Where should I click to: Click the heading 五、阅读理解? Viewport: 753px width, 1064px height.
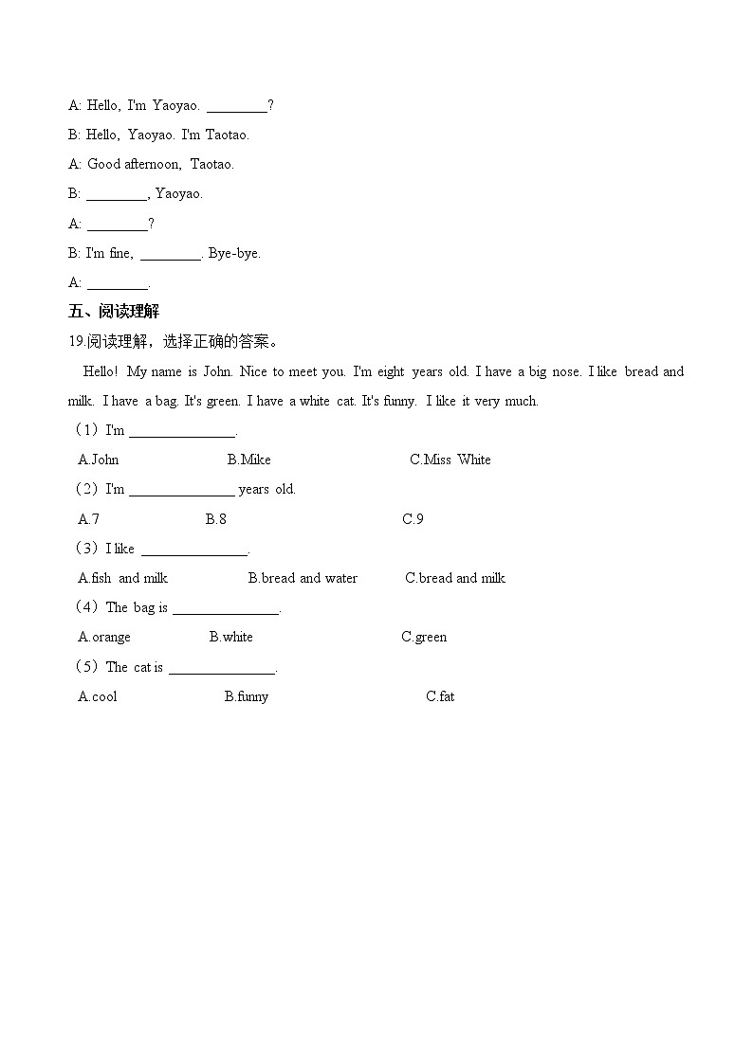(114, 312)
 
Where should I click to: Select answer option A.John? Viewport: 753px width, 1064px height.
(99, 460)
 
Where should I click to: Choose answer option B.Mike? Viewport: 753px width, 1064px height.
(248, 460)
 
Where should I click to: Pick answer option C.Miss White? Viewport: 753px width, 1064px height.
(450, 460)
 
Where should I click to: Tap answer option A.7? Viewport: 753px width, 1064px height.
(88, 518)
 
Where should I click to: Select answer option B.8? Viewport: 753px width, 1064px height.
(216, 518)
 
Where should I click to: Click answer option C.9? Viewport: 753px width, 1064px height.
(413, 518)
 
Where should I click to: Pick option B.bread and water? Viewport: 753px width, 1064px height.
(303, 578)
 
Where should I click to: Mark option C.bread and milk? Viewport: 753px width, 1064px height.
(455, 578)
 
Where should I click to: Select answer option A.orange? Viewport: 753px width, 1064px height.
(104, 637)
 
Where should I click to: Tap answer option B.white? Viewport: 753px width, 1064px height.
(231, 637)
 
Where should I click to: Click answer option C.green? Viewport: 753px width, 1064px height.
(424, 637)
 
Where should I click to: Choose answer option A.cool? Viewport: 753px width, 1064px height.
(98, 696)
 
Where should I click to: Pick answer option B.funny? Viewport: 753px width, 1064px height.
(247, 696)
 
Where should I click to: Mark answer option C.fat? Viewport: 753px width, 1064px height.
(440, 696)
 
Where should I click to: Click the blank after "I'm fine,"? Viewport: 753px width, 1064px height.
(170, 254)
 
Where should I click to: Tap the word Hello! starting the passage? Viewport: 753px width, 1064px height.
(101, 371)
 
